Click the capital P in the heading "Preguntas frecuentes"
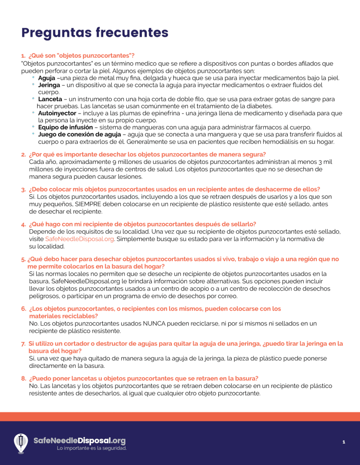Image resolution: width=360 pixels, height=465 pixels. [x=26, y=33]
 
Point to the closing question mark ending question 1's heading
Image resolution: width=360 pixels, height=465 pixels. [x=133, y=55]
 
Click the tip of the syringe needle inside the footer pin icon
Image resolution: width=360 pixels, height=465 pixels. [x=21, y=447]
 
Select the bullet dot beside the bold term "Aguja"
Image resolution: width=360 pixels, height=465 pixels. [x=33, y=77]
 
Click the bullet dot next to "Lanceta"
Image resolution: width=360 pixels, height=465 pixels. [x=33, y=99]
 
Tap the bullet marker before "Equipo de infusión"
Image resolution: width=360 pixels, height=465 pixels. [x=33, y=127]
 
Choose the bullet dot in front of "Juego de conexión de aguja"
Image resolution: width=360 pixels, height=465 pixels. [x=33, y=134]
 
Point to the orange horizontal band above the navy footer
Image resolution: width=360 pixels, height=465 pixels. [x=180, y=416]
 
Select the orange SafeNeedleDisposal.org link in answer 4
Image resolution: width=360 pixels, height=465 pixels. [x=80, y=239]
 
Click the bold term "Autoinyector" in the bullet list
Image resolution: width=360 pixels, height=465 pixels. [x=57, y=113]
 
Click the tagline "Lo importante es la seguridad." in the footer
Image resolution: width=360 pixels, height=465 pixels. [x=92, y=448]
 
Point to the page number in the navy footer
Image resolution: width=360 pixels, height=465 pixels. [x=344, y=442]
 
